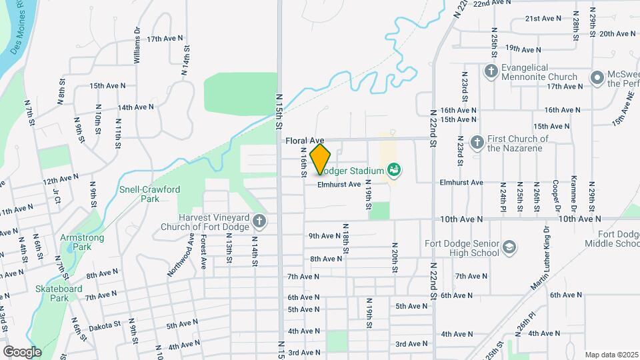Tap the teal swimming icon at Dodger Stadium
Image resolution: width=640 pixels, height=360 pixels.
pyautogui.click(x=394, y=170)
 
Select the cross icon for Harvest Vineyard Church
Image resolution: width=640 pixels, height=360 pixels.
pyautogui.click(x=259, y=221)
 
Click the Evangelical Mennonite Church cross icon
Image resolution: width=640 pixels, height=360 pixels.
pyautogui.click(x=491, y=71)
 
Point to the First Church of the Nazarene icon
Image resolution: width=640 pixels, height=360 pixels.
pyautogui.click(x=477, y=142)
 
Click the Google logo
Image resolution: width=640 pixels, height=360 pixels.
pyautogui.click(x=22, y=351)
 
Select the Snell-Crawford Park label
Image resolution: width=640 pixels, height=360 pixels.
pyautogui.click(x=149, y=194)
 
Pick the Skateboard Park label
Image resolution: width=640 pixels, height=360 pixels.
pyautogui.click(x=59, y=293)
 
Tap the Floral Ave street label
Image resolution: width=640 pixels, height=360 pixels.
pyautogui.click(x=304, y=141)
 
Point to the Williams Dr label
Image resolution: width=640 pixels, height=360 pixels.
pyautogui.click(x=137, y=45)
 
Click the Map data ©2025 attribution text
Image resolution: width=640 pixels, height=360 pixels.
pyautogui.click(x=612, y=355)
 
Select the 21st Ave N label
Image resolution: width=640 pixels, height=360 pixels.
pyautogui.click(x=541, y=19)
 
